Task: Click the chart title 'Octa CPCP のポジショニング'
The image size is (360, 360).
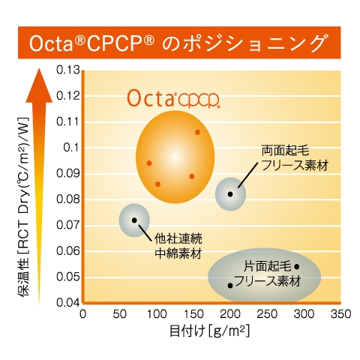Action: click(180, 42)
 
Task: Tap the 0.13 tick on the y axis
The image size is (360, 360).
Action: click(67, 70)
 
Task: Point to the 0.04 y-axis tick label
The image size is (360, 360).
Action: click(67, 302)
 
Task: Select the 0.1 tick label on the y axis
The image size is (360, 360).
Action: click(70, 147)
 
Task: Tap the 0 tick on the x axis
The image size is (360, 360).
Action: click(82, 313)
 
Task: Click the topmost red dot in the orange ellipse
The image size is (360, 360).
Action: click(197, 132)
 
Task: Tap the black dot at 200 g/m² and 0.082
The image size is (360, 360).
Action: click(230, 193)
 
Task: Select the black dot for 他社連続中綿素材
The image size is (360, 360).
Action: click(134, 220)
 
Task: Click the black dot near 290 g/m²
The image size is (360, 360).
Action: click(296, 266)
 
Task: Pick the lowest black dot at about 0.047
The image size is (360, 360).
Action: click(230, 285)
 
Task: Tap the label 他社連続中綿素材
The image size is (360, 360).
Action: click(178, 245)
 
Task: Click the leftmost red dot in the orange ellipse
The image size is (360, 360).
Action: click(149, 163)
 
